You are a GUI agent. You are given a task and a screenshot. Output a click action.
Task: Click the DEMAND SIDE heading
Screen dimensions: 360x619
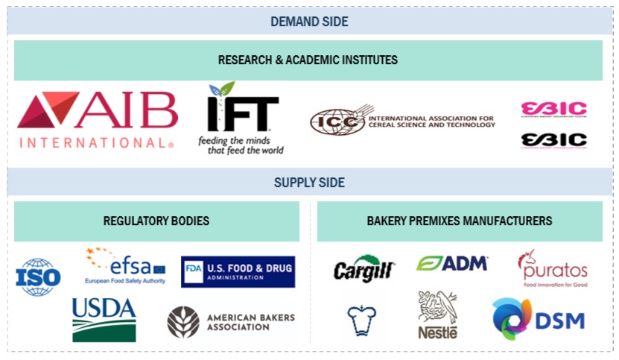click(308, 22)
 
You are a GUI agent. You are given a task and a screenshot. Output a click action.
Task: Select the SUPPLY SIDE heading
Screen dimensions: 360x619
click(308, 183)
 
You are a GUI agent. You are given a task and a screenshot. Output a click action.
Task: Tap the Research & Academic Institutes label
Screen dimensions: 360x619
click(308, 60)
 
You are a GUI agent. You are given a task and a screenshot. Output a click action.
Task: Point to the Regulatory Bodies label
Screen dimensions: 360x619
click(156, 221)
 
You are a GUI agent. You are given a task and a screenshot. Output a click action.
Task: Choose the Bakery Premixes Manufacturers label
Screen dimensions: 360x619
click(460, 221)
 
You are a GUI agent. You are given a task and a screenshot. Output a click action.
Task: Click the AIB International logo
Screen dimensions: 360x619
click(97, 119)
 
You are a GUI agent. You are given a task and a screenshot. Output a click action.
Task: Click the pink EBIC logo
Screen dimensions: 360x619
click(553, 110)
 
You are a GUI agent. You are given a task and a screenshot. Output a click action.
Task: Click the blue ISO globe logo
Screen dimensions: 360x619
click(38, 276)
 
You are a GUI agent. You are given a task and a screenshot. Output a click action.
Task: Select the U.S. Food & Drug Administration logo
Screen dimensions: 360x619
click(238, 271)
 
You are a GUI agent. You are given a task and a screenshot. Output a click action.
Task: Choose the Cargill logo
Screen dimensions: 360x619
click(364, 270)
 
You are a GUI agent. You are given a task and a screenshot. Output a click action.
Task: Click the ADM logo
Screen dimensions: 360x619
click(452, 263)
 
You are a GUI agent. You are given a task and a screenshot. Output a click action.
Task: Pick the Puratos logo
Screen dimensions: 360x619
click(552, 268)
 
